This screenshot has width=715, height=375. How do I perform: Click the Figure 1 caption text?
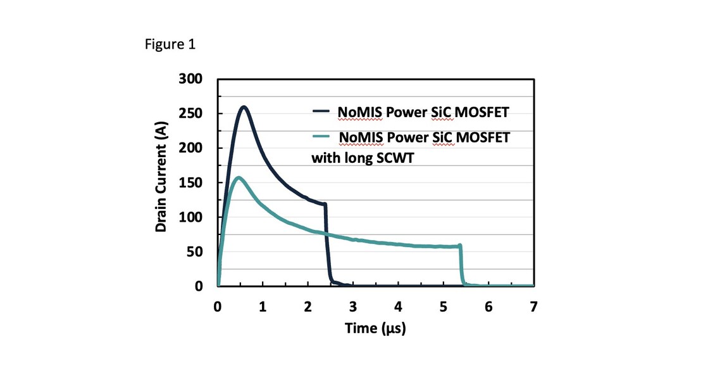(170, 44)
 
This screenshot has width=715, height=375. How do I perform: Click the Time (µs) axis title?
(375, 328)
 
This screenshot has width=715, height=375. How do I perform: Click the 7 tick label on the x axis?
(533, 307)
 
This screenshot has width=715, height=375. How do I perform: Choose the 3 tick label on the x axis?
(353, 307)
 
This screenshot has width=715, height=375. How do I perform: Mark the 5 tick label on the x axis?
(443, 307)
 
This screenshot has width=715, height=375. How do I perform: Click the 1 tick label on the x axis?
(263, 307)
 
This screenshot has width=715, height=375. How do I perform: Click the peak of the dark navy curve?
(244, 107)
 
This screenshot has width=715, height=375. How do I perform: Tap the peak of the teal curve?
(238, 177)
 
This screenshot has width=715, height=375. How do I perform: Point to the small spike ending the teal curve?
(460, 245)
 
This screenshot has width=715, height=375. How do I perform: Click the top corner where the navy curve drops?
(325, 204)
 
